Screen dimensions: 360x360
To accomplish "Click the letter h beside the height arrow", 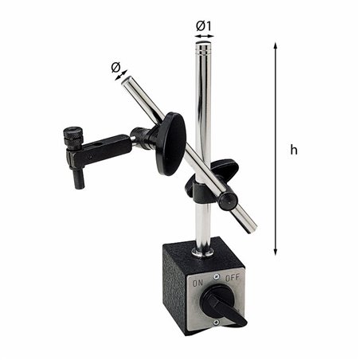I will (293, 150).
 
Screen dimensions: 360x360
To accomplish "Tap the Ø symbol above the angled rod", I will (116, 67).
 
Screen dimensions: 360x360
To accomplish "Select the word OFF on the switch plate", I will (233, 278).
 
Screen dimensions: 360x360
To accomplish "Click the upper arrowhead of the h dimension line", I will (276, 47).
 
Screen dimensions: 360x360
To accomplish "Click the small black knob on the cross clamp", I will (228, 201).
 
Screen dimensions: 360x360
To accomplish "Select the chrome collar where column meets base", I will (202, 250).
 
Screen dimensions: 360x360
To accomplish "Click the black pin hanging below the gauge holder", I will (79, 178).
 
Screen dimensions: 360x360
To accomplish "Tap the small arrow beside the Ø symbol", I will (122, 76).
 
